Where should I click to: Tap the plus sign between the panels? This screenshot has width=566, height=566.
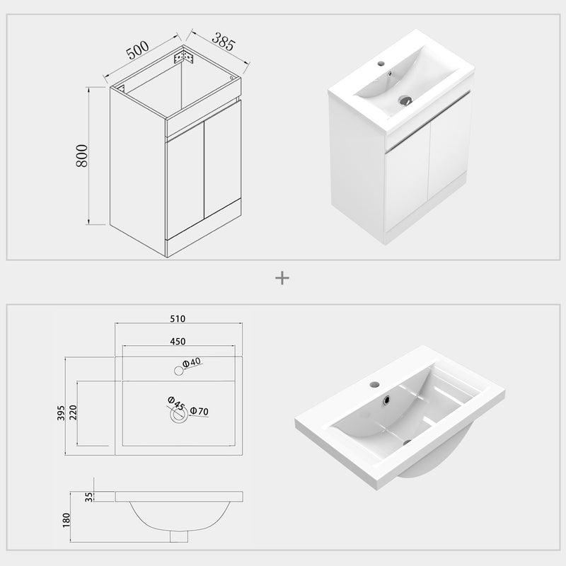point(282,278)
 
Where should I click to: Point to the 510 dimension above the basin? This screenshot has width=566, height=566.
point(178,318)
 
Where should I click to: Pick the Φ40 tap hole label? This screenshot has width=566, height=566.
point(192,363)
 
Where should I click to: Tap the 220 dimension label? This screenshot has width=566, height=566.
point(72,412)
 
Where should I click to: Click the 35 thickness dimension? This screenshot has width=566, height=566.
point(88,496)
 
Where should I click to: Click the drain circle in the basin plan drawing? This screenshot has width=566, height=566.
point(178,417)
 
